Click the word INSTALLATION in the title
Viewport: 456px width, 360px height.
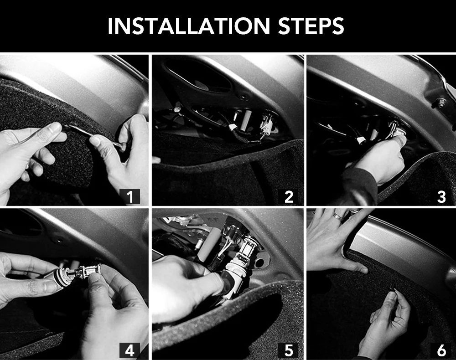[189, 26]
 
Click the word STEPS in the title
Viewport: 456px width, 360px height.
[311, 26]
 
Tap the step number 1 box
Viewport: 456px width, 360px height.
[130, 196]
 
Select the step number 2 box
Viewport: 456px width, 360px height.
[288, 196]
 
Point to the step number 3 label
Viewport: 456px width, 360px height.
[441, 196]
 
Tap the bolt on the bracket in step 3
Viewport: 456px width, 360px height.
[441, 102]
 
